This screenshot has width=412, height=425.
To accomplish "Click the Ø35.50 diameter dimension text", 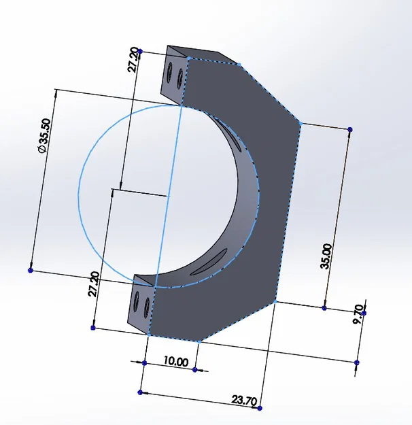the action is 45,136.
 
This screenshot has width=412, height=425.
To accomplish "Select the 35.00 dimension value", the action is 326,256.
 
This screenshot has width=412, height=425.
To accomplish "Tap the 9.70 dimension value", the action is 358,314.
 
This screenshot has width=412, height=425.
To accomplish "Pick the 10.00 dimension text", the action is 176,361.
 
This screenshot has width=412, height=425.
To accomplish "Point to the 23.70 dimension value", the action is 244,401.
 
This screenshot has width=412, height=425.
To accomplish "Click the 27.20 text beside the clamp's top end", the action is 134,60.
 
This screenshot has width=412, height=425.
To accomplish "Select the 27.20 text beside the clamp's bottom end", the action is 94,284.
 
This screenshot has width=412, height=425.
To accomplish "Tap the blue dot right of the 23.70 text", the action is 260,408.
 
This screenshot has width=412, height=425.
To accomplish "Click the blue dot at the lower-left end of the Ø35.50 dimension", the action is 31,270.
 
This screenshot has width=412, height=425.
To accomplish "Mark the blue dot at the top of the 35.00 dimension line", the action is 350,130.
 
